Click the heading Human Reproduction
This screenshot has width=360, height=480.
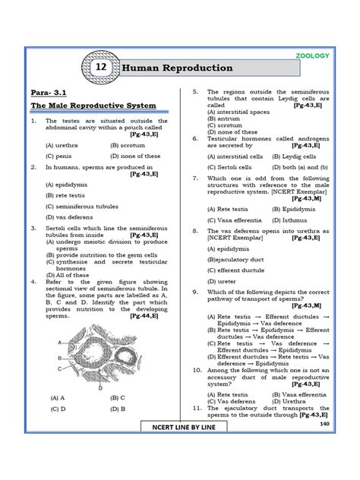pos(178,68)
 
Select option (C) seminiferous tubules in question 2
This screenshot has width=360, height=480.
pos(81,206)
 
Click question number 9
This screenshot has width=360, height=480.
pos(194,292)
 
